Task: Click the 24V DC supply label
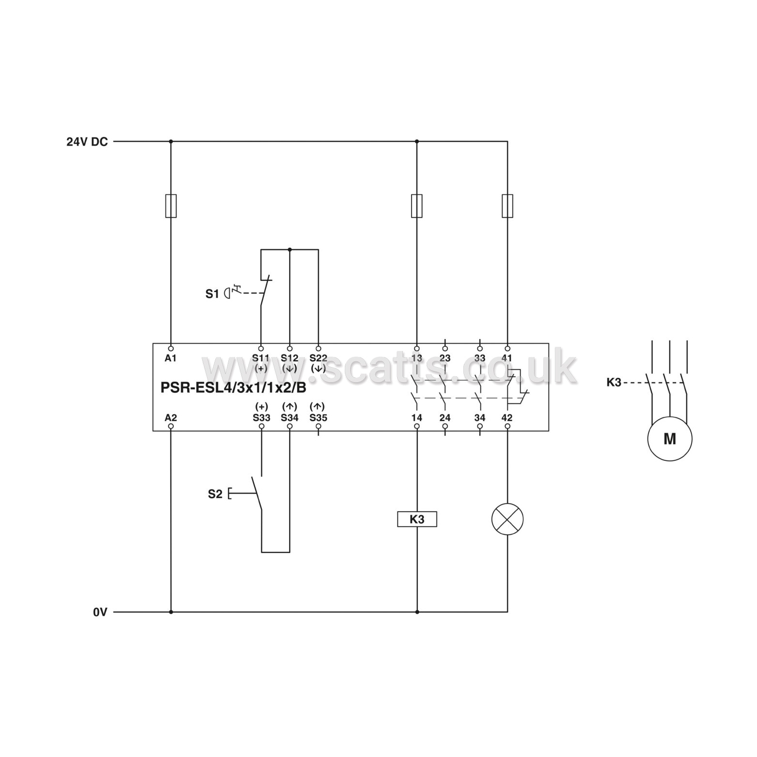pos(87,142)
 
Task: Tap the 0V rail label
pos(100,612)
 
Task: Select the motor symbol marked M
pos(669,439)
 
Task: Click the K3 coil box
pos(417,519)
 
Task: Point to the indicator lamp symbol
pos(507,519)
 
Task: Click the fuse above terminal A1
pos(171,206)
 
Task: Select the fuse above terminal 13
pos(416,206)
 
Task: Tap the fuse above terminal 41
pos(507,206)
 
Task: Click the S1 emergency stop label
pos(212,294)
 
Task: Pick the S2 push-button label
pos(215,494)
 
